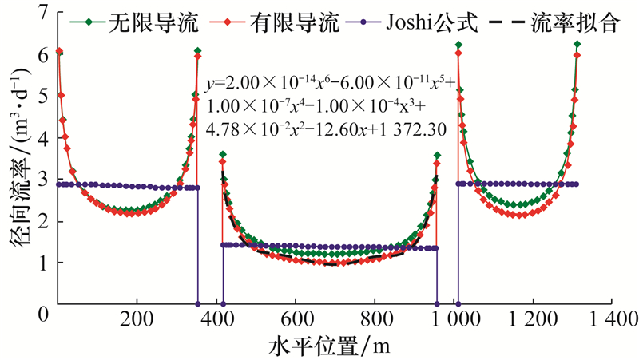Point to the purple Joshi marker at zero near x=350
[198, 304]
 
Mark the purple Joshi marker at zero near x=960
[437, 304]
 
